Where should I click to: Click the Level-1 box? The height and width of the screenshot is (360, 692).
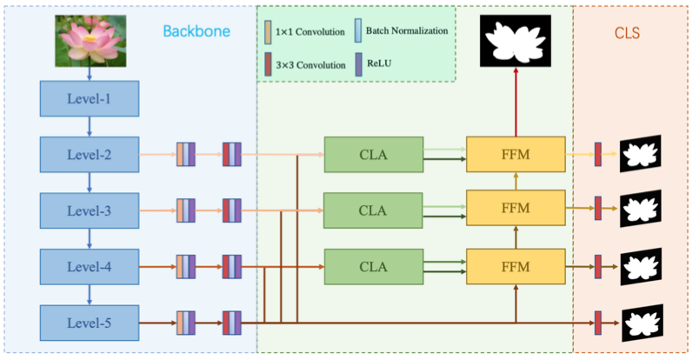(90, 98)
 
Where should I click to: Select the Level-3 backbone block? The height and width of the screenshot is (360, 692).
(90, 210)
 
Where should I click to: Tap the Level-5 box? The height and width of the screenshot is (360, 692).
(90, 323)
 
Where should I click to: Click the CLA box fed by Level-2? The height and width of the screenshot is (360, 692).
(374, 155)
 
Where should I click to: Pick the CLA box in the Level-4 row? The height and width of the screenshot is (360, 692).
(374, 266)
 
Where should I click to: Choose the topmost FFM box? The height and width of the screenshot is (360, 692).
(516, 155)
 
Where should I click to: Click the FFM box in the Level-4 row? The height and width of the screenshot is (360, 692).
(516, 266)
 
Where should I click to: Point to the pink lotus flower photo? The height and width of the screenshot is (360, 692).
(90, 41)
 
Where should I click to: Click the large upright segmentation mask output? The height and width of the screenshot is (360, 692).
(516, 41)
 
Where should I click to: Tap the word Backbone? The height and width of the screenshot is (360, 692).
(196, 31)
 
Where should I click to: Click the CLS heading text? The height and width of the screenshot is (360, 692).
(627, 33)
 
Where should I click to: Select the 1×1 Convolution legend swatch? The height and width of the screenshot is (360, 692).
(268, 32)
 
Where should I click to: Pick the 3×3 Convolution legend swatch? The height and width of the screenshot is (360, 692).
(268, 64)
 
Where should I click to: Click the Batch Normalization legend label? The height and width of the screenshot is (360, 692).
(407, 31)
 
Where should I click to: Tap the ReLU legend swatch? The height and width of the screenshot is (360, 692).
(359, 64)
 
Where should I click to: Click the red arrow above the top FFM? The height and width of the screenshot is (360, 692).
(516, 102)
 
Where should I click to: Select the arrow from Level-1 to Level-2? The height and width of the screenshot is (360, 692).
(90, 127)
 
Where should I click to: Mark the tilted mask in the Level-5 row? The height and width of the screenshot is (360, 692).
(642, 323)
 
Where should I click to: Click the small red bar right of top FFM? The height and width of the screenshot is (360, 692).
(598, 155)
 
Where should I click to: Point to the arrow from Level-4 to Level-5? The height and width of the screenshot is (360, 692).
(90, 295)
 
